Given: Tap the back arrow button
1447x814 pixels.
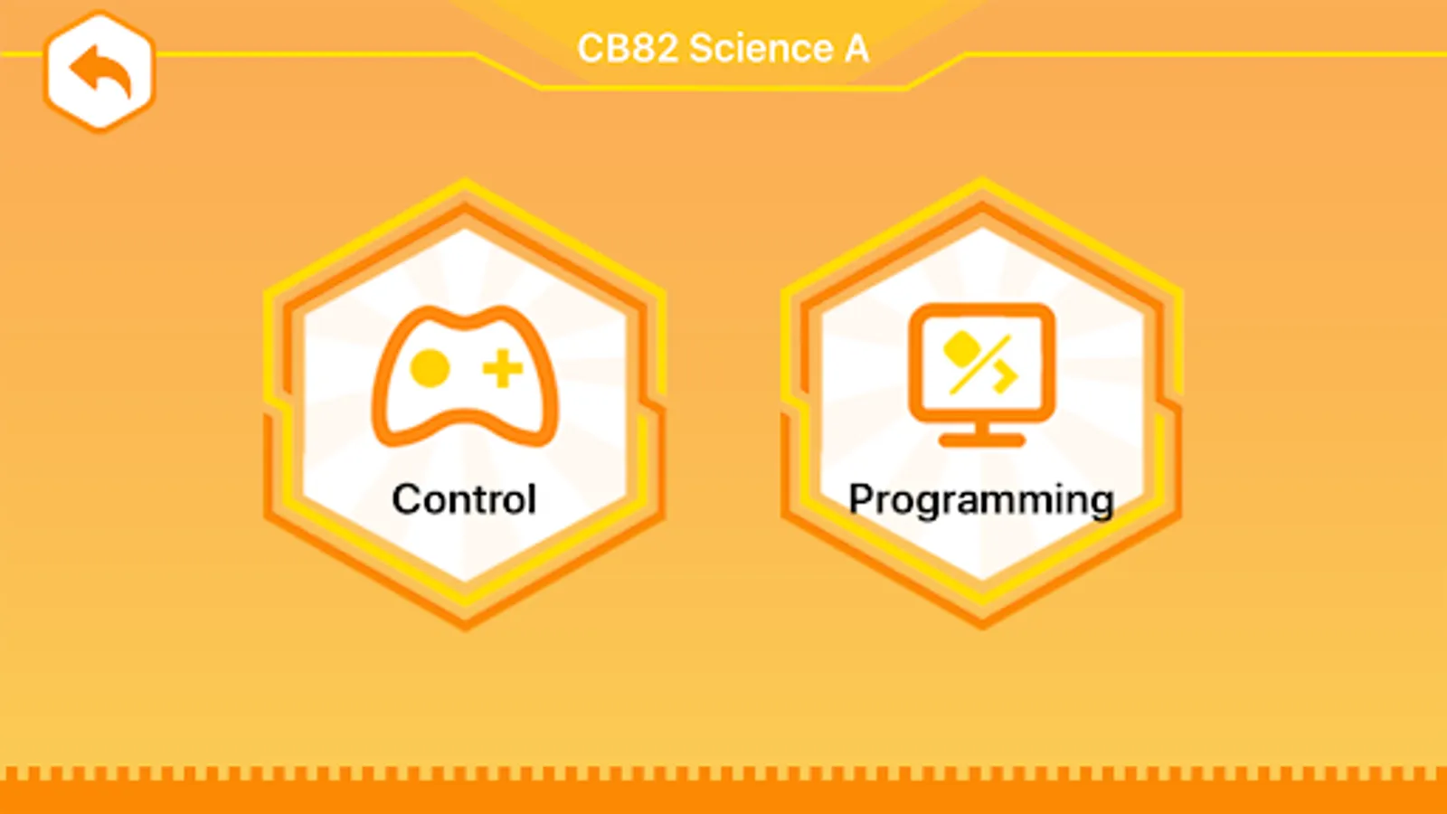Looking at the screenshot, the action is (99, 71).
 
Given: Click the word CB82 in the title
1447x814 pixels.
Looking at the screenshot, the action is (628, 49).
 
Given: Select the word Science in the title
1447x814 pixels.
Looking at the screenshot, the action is (761, 49).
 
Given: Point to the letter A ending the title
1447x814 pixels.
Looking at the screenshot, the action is (856, 49).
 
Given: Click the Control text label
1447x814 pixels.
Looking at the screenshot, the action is (465, 499).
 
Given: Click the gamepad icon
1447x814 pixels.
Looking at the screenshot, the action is (465, 376).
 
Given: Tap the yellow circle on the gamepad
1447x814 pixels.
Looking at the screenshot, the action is (430, 368).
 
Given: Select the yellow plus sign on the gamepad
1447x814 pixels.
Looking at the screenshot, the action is (503, 369).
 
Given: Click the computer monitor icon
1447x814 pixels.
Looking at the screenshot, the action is (982, 374).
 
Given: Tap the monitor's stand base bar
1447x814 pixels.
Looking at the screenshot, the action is (982, 440).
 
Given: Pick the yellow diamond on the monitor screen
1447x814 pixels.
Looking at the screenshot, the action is (961, 348).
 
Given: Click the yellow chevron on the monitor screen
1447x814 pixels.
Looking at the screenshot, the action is (1007, 377).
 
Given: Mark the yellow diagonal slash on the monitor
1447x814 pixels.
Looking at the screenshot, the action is (979, 364).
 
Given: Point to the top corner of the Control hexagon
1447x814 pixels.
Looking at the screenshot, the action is (465, 180).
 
